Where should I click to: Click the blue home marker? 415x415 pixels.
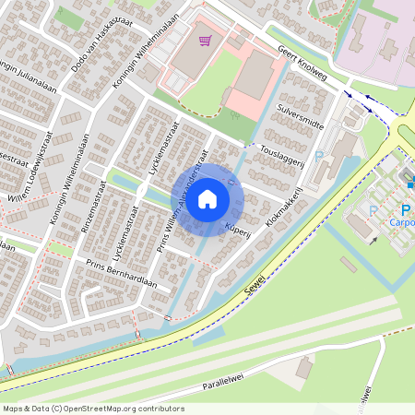point(207,199)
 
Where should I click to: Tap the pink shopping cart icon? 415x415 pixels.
point(205,41)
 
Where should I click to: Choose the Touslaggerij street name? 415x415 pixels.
point(282,152)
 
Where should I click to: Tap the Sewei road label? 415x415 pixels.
point(256,280)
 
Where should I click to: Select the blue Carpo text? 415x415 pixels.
point(401,222)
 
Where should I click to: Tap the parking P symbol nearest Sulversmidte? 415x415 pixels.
point(319,156)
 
